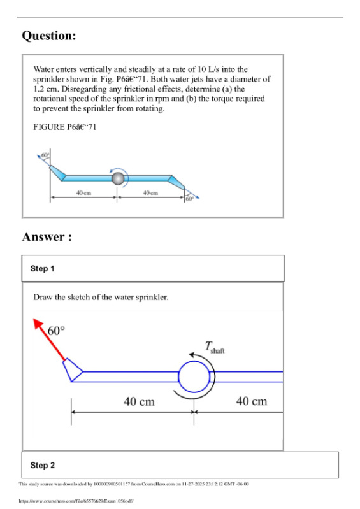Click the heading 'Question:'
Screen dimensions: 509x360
pos(49,36)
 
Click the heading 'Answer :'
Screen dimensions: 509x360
pos(47,237)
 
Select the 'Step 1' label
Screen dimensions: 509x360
pos(43,269)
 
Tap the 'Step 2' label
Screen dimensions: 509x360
pos(43,466)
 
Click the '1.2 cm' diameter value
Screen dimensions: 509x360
pos(44,89)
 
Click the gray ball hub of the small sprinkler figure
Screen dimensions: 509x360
pos(117,179)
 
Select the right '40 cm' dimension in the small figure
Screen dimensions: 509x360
pos(150,192)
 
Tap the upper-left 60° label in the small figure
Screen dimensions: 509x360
pos(45,155)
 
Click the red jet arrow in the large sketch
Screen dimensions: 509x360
pos(48,338)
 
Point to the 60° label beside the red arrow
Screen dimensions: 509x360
pos(57,331)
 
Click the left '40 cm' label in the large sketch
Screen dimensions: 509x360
pos(138,401)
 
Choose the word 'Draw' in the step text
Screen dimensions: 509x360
pos(43,297)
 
